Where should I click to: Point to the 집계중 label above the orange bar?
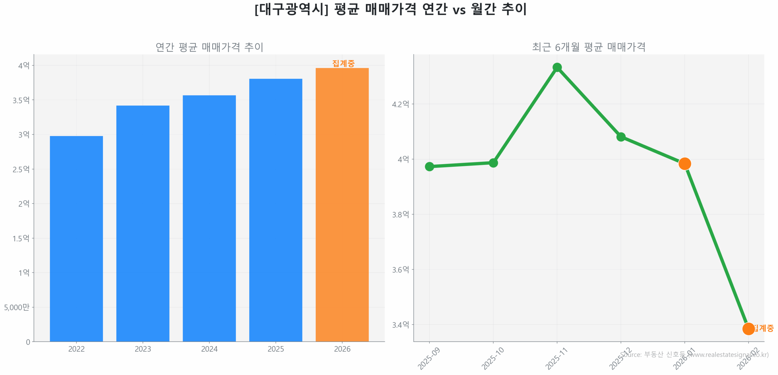click(343, 63)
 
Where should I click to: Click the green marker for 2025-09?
click(429, 166)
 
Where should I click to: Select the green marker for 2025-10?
click(493, 163)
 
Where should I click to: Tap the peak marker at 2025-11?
click(557, 67)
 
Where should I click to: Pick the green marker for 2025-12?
click(621, 137)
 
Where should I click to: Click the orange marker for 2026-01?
click(684, 163)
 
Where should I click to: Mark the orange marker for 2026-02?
click(748, 329)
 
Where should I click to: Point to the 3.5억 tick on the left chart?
click(21, 100)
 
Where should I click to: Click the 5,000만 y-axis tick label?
click(17, 307)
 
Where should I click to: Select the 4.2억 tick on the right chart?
click(400, 104)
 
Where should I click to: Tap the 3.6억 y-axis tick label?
click(400, 270)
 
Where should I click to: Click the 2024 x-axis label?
click(209, 349)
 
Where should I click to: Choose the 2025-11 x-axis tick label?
click(556, 359)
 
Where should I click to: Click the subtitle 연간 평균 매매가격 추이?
click(209, 47)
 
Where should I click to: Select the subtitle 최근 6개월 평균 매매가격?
click(588, 47)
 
